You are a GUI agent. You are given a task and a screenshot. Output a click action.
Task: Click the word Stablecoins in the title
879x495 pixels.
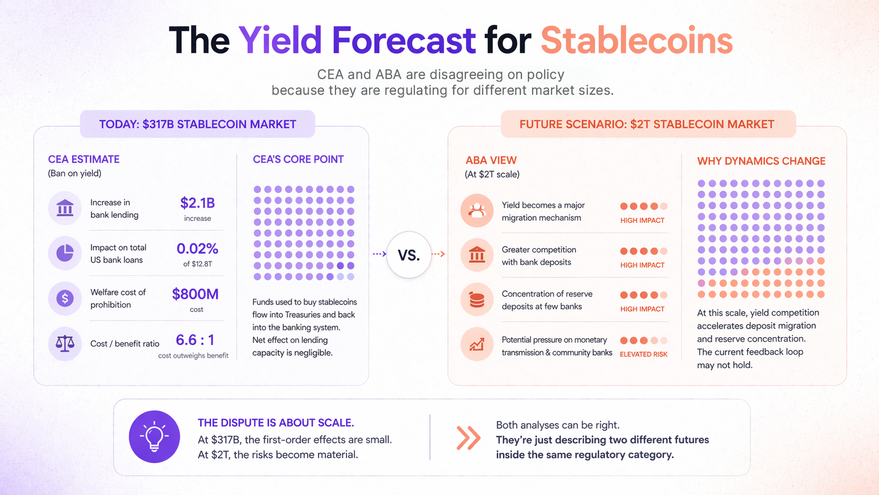636,41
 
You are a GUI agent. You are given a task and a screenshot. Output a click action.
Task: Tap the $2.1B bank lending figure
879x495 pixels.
197,203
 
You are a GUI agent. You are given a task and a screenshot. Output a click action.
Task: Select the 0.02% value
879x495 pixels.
197,248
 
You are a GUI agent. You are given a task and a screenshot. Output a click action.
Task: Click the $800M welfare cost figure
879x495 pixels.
195,294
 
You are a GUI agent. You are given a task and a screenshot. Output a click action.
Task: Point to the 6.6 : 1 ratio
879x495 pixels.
195,340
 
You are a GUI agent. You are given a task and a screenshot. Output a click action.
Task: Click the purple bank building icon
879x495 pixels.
65,208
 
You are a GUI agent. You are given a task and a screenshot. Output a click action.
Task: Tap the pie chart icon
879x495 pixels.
65,253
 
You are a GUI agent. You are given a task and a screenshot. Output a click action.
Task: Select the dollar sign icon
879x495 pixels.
65,299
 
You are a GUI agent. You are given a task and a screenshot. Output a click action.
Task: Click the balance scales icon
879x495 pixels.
65,344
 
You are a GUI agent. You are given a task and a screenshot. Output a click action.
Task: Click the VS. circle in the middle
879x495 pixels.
408,255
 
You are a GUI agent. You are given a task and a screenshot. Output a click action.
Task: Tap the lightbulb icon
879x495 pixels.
154,437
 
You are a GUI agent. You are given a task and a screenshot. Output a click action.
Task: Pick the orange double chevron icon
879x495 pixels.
468,438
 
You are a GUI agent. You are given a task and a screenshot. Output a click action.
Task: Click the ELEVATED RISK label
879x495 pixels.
643,354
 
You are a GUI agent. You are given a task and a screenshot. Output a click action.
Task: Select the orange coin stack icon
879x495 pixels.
477,300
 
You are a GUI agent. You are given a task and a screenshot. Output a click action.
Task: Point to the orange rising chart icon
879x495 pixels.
477,345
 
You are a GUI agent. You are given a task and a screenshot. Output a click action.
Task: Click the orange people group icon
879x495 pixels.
477,210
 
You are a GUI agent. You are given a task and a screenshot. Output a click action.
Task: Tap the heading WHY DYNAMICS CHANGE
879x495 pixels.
761,161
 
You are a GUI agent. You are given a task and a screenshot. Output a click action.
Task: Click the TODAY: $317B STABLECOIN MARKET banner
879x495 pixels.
198,124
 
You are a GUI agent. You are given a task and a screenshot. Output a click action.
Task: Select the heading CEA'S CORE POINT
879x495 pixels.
298,159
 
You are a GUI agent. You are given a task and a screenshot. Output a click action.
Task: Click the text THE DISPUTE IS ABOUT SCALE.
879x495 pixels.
275,423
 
